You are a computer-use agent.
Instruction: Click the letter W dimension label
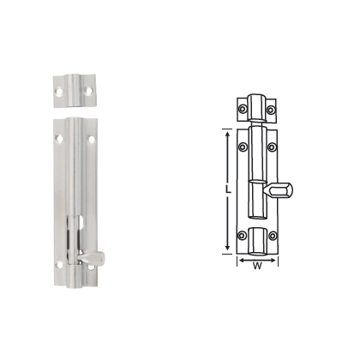(x=256, y=264)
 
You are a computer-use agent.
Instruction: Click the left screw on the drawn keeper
(x=243, y=109)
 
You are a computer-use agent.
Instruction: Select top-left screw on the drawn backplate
(x=243, y=147)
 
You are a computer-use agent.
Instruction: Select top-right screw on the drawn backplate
(x=272, y=147)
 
